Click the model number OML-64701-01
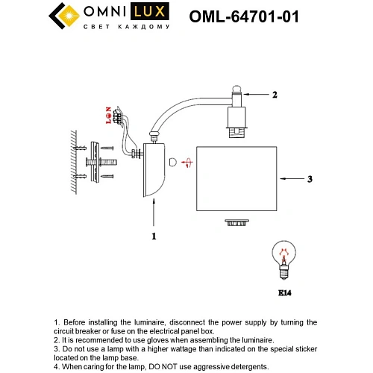point(245,16)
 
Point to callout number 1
point(154,236)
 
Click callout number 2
point(275,95)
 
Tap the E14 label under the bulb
point(283,293)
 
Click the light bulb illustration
point(283,257)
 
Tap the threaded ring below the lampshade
point(237,222)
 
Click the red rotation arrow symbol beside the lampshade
point(175,161)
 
